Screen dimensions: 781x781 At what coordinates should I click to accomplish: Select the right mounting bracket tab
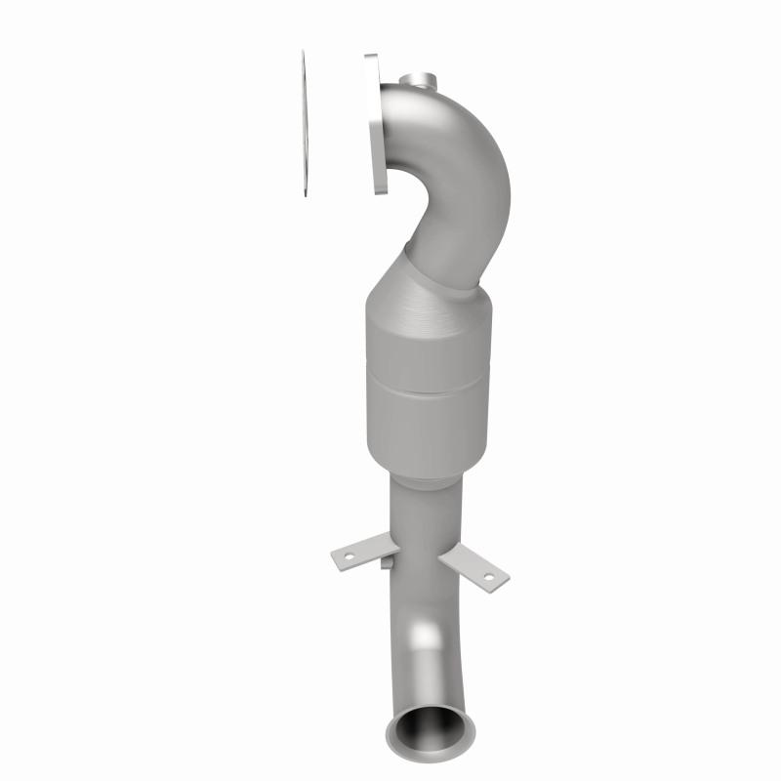pyautogui.click(x=473, y=568)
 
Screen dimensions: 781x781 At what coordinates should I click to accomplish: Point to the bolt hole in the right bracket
pyautogui.click(x=486, y=577)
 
